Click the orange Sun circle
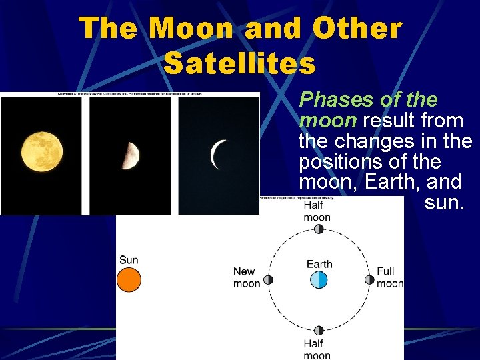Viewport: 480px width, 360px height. click(x=129, y=280)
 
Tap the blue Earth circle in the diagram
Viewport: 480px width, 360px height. click(x=319, y=280)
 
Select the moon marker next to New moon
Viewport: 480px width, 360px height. click(x=268, y=280)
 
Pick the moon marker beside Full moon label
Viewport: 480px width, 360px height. click(x=369, y=280)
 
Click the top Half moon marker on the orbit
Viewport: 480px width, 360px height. click(x=319, y=229)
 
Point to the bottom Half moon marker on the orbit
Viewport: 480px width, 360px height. click(x=319, y=331)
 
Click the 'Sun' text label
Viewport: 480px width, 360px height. click(x=129, y=260)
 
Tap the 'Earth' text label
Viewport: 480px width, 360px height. click(x=319, y=264)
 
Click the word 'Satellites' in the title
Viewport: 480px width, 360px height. click(x=239, y=64)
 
